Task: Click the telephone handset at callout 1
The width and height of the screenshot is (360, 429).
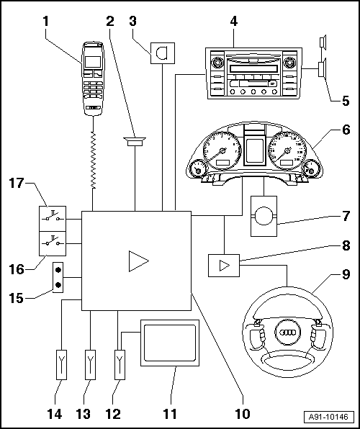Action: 93,78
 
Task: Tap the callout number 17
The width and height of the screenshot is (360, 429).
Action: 17,183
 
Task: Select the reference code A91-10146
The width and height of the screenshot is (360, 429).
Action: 328,417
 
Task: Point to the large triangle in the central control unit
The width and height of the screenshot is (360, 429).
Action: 138,261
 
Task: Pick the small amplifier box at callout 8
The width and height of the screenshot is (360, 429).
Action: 224,266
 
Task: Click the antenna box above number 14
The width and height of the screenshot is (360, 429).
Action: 62,365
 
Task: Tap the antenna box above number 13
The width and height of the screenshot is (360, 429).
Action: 90,365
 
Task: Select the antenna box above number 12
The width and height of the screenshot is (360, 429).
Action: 120,365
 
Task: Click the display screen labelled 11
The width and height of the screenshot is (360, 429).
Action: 170,343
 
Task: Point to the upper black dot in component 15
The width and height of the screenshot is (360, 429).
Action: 58,270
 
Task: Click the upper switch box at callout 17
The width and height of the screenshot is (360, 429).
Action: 53,219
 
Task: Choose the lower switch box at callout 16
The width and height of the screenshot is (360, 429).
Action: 53,243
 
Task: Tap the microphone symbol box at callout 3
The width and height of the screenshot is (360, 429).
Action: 163,53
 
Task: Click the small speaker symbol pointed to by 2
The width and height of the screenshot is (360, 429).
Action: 135,142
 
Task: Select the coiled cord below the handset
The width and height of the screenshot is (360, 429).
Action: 94,161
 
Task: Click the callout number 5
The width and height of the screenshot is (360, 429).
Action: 342,101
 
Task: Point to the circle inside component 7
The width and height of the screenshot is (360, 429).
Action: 264,216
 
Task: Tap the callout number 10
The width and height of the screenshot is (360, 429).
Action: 243,413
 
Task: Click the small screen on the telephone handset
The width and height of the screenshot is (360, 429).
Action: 93,62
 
